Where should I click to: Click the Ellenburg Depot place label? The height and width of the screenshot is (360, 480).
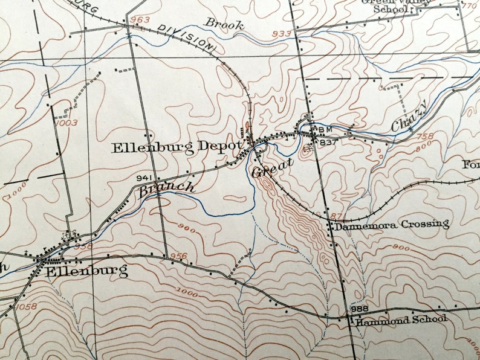[x=177, y=147]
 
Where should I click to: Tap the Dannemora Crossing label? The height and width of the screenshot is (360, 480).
[x=392, y=225]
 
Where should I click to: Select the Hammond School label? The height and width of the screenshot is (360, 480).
[x=401, y=320]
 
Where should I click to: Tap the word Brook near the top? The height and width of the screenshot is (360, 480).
[x=224, y=24]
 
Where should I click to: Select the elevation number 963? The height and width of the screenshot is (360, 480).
[x=140, y=20]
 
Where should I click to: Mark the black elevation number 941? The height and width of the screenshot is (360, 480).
[x=143, y=178]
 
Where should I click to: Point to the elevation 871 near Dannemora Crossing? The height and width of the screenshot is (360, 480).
[x=339, y=216]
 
